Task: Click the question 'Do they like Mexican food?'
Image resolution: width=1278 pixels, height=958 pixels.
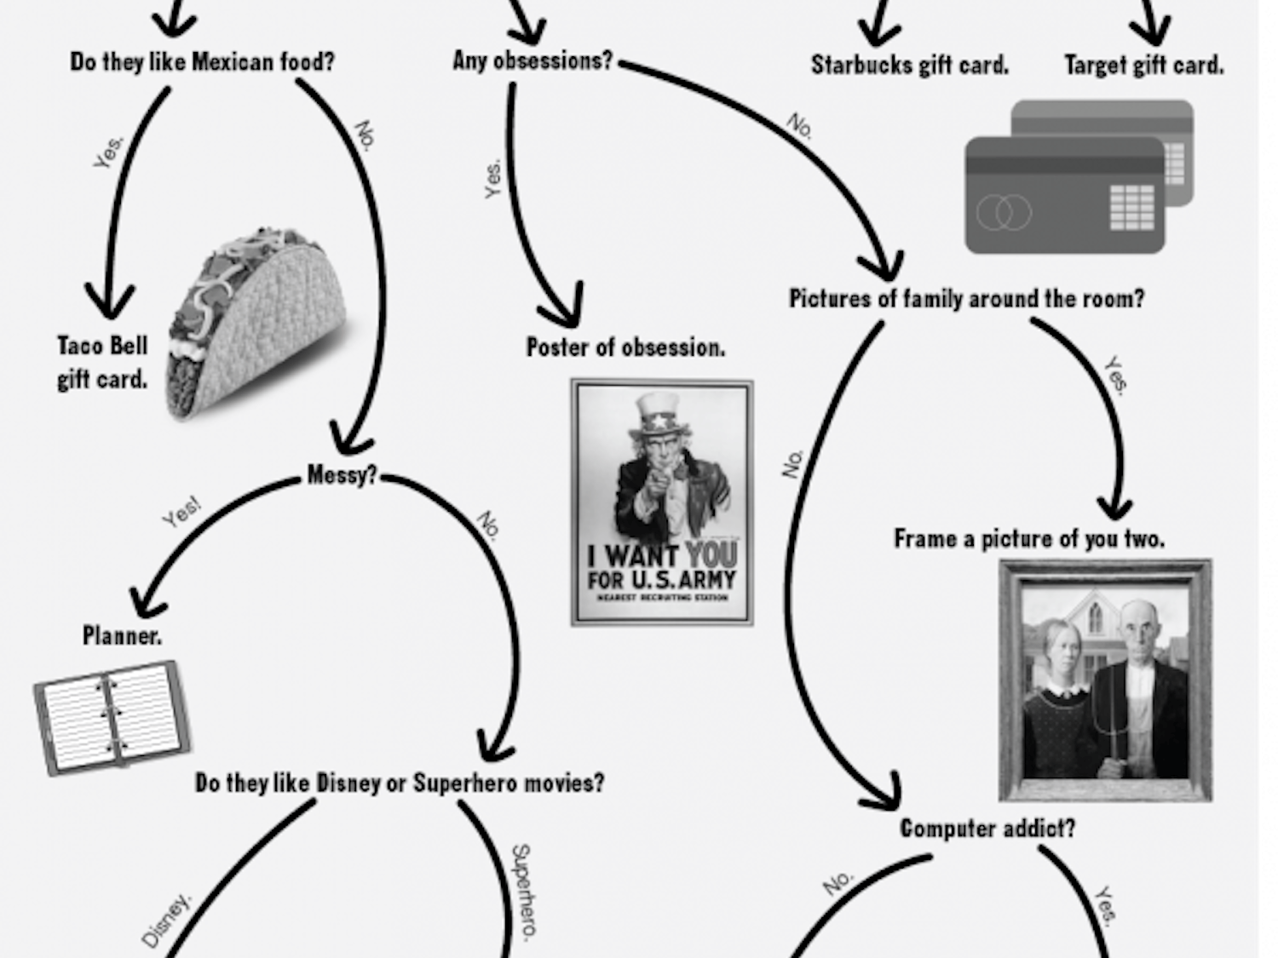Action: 202,62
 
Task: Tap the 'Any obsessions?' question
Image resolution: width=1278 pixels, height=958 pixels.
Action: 532,60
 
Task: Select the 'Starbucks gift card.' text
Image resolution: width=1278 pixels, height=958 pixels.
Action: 909,65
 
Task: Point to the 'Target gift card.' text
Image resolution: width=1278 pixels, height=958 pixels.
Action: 1143,65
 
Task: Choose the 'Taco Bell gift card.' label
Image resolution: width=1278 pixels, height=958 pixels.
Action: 102,362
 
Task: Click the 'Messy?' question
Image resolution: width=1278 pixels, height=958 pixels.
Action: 341,474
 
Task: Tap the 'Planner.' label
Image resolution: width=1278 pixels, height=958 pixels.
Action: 122,635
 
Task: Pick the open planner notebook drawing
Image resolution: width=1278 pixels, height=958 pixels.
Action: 111,717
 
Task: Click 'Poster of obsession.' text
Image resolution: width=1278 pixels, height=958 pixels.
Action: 625,347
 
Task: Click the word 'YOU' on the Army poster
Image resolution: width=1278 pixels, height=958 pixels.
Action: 711,556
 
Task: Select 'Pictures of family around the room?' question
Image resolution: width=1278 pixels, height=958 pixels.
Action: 966,299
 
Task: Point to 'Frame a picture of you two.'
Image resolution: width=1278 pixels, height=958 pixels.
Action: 1029,539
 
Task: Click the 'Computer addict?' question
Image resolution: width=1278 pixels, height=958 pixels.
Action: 987,828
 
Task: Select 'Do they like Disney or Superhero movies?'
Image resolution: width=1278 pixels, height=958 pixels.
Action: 400,783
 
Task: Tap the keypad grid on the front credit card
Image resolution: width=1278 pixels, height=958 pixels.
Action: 1132,208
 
